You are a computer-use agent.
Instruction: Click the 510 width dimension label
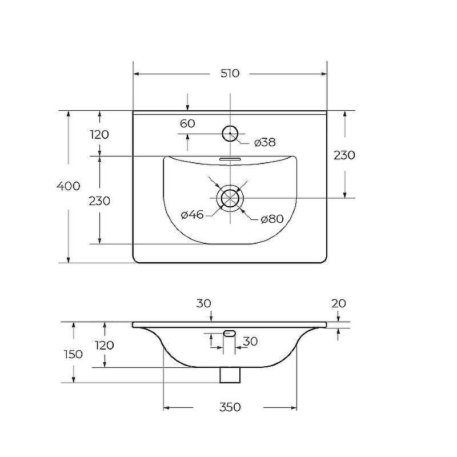tap(230, 73)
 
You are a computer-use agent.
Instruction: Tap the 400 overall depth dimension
tap(68, 186)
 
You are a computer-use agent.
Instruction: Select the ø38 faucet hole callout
tap(264, 142)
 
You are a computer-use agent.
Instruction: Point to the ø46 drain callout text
tap(192, 215)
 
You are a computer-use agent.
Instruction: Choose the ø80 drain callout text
tap(272, 219)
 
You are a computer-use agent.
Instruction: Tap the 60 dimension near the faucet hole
tap(187, 123)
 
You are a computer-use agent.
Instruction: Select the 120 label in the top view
tap(99, 135)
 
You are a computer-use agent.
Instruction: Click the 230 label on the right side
tap(344, 155)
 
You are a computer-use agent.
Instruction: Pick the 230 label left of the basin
tap(99, 201)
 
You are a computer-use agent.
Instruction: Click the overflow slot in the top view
tap(230, 159)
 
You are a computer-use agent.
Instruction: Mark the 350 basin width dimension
tap(230, 407)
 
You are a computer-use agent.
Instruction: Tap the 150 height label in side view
tap(73, 354)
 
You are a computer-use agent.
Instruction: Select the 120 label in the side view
tap(105, 346)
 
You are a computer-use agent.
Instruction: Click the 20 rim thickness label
tap(339, 304)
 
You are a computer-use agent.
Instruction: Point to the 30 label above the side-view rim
tap(203, 303)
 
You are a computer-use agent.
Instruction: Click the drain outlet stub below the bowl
tap(230, 375)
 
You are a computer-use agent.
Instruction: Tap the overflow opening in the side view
tap(230, 333)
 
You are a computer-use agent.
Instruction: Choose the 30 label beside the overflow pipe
tap(250, 342)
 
